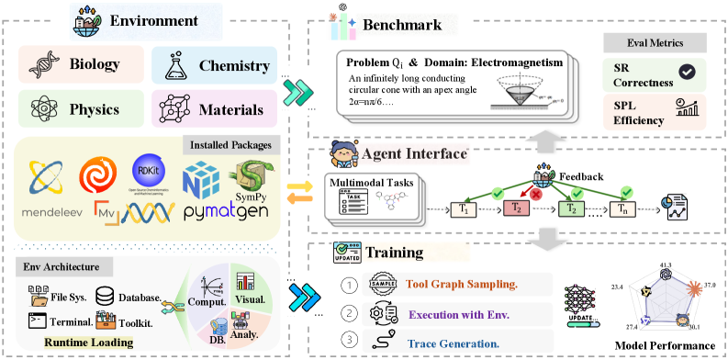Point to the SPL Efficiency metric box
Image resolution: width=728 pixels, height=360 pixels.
point(649,114)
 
